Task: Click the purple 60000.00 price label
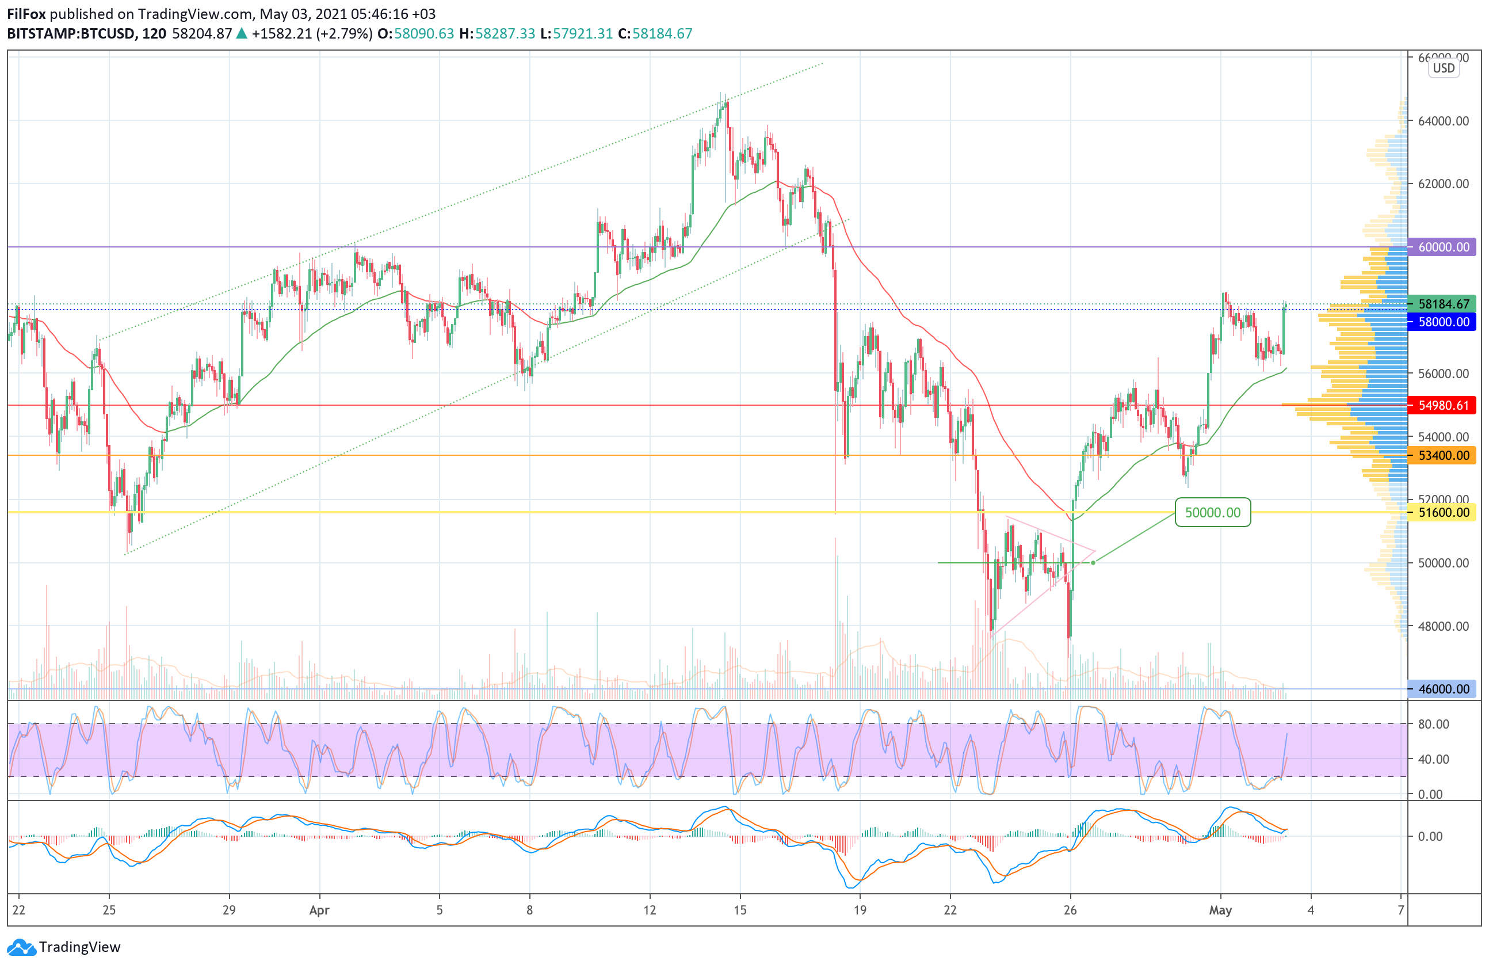coord(1442,247)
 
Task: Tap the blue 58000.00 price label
coord(1442,322)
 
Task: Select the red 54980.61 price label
coord(1442,406)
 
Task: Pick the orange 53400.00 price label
coord(1442,456)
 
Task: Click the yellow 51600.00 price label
coord(1442,512)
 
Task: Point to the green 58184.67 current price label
coord(1442,304)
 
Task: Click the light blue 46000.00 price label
coord(1442,689)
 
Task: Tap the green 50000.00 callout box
coord(1212,512)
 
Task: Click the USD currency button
coord(1444,68)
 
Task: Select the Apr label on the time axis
coord(319,910)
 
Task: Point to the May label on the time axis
coord(1220,910)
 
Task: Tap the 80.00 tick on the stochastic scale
coord(1433,724)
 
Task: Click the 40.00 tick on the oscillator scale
coord(1433,759)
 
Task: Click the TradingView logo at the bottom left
coord(63,947)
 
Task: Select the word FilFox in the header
coord(26,14)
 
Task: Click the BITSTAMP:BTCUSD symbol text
coord(71,34)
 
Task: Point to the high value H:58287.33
coord(497,34)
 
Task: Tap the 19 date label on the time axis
coord(860,910)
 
